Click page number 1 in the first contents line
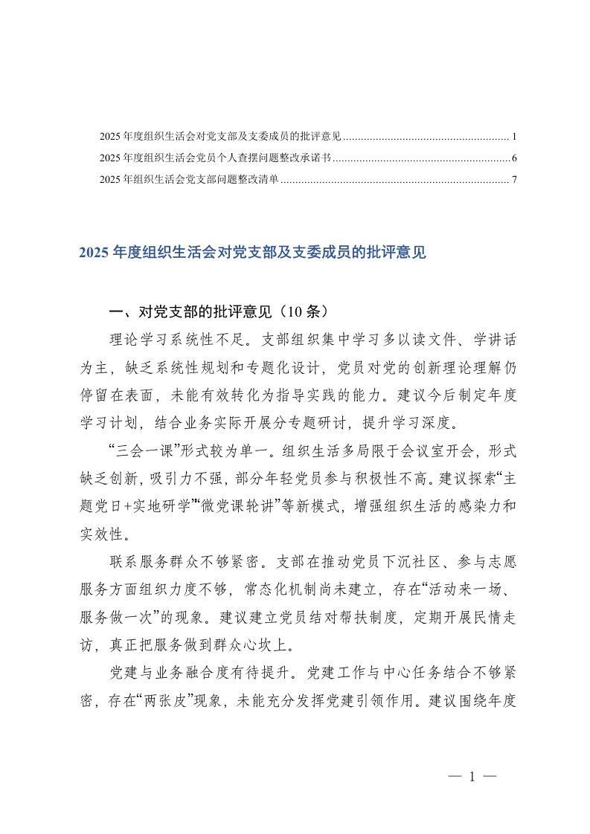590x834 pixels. tap(514, 138)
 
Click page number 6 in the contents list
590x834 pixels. tap(514, 158)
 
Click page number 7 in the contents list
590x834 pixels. tap(514, 179)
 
